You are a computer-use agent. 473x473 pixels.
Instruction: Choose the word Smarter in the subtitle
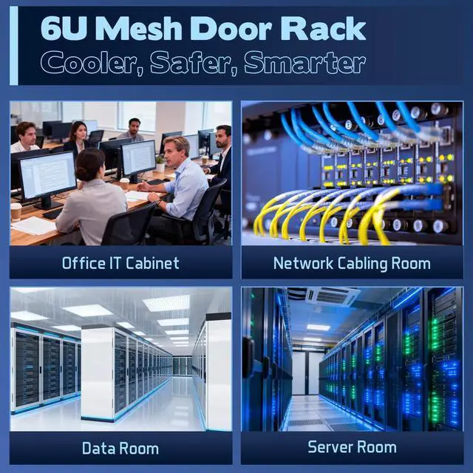(x=303, y=64)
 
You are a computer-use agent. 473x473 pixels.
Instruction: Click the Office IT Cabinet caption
(x=120, y=262)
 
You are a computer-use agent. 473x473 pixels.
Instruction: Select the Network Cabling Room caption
(x=352, y=262)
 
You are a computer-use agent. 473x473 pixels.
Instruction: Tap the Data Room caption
(x=120, y=448)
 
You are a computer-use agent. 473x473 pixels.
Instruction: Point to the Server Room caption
(x=352, y=447)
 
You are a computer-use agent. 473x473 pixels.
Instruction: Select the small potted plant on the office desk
(x=160, y=163)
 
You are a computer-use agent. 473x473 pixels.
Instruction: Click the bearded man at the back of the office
(x=133, y=129)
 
